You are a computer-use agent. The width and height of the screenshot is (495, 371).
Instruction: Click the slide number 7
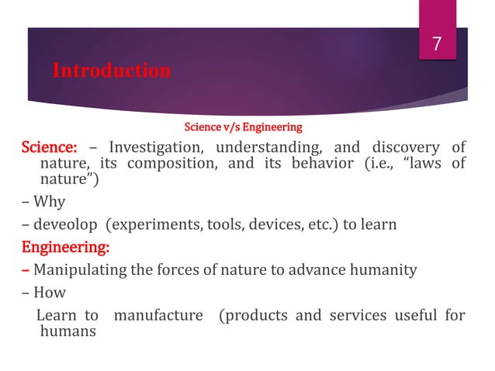coord(436,45)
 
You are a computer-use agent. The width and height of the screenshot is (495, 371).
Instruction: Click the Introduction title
coord(111,71)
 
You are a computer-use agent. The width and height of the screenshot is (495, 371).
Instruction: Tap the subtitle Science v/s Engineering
coord(242,126)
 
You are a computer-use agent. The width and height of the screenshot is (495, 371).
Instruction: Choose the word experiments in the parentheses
coord(147,226)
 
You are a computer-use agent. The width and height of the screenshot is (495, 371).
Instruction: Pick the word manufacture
coord(159,316)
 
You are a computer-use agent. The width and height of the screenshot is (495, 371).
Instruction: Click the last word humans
coord(67,332)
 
